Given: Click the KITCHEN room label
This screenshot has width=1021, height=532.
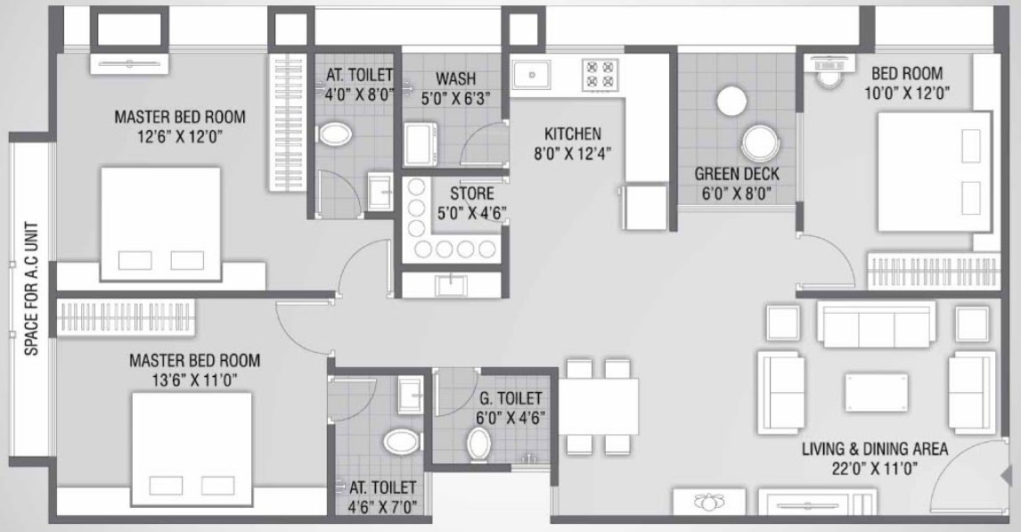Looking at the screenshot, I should [573, 134].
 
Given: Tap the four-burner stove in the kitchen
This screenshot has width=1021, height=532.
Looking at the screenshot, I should [598, 74].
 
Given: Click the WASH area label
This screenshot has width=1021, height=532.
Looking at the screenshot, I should [454, 77].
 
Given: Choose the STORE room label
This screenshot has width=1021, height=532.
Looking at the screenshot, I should [471, 193].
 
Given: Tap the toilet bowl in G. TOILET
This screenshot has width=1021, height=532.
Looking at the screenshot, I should [478, 441].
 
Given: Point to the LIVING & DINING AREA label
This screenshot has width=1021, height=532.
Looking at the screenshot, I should [874, 449].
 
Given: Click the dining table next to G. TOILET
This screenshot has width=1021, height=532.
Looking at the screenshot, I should [599, 405].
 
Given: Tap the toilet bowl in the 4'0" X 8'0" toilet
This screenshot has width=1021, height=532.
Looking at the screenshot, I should [336, 135].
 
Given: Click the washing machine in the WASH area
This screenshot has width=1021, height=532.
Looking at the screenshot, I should [420, 144].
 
